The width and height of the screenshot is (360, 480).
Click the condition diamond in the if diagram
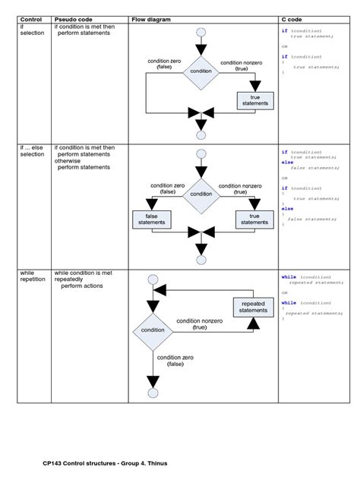coord(201,71)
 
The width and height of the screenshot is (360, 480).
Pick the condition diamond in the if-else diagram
coord(201,194)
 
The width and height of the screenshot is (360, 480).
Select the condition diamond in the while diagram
coord(153,330)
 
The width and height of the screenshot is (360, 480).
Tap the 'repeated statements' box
coord(253,307)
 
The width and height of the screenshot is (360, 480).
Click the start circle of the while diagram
coord(153,280)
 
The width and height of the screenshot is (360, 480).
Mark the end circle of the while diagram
coord(153,393)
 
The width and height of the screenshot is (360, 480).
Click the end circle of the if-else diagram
coord(201,258)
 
